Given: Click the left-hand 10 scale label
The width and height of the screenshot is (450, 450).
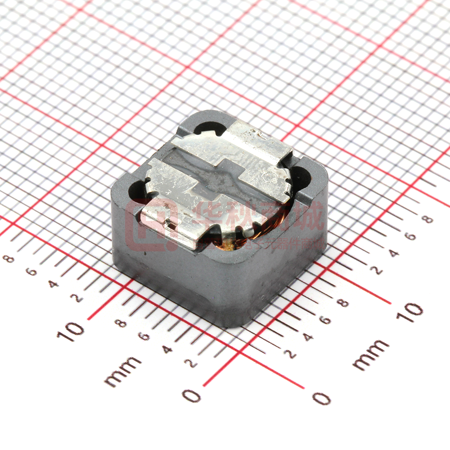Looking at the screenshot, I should click(x=70, y=330).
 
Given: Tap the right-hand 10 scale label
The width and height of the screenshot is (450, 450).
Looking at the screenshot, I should click(x=409, y=312).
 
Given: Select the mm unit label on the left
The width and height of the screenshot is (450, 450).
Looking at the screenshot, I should click(x=122, y=371).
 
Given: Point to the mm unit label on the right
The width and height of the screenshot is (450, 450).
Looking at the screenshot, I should click(x=370, y=354).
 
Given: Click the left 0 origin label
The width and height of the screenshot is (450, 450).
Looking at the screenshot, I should click(x=192, y=395).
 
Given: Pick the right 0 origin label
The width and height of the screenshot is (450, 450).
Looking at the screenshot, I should click(x=321, y=398).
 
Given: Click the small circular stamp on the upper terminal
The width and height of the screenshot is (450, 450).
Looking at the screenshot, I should click(x=274, y=176).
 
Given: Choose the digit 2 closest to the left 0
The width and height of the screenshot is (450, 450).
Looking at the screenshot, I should click(x=192, y=363).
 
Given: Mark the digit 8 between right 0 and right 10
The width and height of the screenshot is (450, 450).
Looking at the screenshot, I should click(x=343, y=303).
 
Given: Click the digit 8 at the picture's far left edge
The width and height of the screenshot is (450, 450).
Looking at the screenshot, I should click(x=7, y=258).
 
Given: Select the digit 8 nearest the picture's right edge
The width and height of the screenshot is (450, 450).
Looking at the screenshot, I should click(x=427, y=218).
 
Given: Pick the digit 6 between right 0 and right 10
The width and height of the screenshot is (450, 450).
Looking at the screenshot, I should click(x=325, y=320).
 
